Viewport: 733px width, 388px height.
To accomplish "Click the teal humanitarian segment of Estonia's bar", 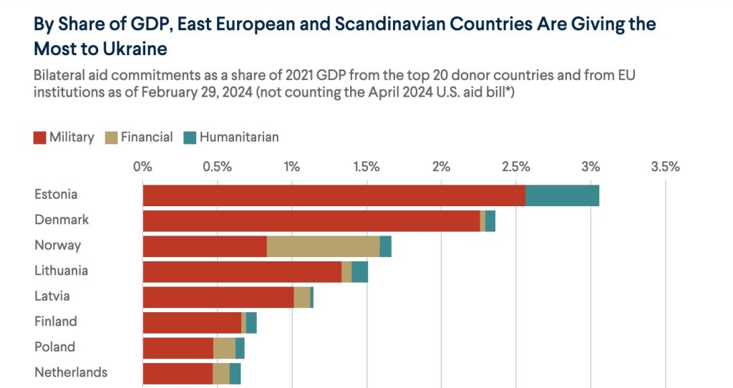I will point(562,195).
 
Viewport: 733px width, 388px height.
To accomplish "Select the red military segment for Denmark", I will point(311,221).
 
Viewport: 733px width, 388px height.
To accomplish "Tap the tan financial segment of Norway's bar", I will point(323,246).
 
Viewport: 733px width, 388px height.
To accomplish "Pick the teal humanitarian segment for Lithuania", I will point(359,272).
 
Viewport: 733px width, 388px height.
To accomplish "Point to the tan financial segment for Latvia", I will point(302,297).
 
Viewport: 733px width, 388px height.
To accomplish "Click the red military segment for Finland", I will point(192,323).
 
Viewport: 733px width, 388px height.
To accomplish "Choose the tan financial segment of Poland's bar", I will point(224,348).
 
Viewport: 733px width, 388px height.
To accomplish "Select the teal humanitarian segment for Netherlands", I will point(235,374).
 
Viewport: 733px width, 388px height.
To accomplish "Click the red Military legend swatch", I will point(40,137).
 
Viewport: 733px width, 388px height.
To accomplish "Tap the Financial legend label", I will point(147,137).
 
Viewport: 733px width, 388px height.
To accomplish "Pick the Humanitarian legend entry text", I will point(239,137).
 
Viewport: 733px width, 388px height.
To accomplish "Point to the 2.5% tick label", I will point(515,168).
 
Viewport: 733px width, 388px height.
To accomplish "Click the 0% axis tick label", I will point(143,168).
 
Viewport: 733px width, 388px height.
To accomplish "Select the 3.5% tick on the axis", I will point(665,168).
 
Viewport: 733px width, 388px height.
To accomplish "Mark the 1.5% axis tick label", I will point(366,168).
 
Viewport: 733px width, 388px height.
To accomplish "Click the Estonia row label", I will point(56,195).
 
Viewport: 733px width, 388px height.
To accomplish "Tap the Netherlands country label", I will point(71,372).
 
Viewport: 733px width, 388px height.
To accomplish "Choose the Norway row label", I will point(57,246).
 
